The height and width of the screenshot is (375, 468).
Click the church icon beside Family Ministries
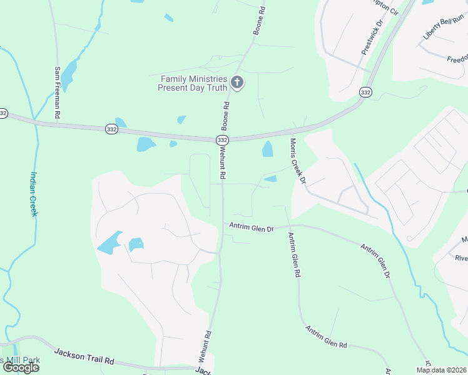point(237,82)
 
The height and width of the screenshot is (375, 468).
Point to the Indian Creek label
point(34,194)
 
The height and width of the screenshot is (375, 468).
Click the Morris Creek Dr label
point(297,161)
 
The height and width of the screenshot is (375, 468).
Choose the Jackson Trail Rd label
point(84,357)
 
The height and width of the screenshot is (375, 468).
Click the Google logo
point(21,367)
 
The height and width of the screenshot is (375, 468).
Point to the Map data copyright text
point(440,370)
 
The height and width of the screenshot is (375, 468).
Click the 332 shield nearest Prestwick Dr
point(365,92)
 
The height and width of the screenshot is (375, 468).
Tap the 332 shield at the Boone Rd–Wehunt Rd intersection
point(222,141)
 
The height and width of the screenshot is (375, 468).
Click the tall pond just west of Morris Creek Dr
point(267,149)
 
